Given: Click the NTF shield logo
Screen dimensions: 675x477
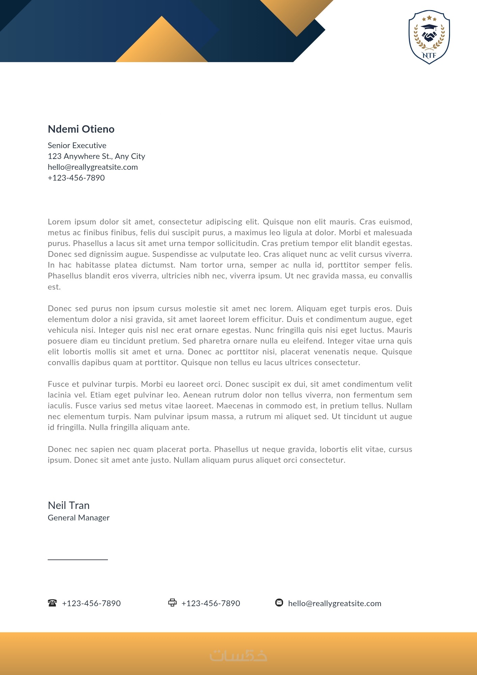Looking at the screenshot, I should (x=429, y=37).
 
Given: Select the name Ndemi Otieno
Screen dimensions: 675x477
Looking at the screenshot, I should (x=81, y=129).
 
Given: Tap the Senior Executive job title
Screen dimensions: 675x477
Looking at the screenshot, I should (x=77, y=145).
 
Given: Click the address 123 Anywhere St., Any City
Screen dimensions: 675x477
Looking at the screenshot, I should (x=96, y=156).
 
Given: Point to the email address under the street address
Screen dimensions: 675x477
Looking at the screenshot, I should (x=93, y=167).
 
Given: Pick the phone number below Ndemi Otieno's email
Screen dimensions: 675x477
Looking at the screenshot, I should (x=76, y=178).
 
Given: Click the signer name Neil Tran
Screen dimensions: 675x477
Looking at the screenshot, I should (x=69, y=505).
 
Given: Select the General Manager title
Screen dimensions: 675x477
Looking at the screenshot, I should (x=79, y=518).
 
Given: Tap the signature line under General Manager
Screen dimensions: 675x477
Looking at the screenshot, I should (x=78, y=560).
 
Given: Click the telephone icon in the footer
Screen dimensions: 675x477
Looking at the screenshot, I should (x=52, y=603).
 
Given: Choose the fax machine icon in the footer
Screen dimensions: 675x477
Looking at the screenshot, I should (x=172, y=603).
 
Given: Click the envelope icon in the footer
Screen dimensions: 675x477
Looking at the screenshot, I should (x=279, y=603).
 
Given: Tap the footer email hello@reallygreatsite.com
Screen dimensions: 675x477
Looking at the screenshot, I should (x=335, y=603).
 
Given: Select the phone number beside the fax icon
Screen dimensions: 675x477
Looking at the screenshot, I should (x=211, y=603).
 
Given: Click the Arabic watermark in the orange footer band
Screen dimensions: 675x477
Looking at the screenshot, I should (x=238, y=655).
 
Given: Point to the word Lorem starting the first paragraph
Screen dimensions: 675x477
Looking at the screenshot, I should (x=59, y=222).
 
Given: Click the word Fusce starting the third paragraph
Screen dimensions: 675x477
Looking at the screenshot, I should (x=59, y=384).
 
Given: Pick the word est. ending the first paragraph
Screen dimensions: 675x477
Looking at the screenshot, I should (x=54, y=287).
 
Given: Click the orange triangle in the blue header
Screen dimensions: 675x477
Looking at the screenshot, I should (x=162, y=44).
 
